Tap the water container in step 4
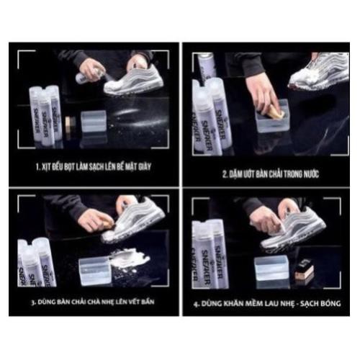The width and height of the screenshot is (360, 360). click(x=271, y=269)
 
